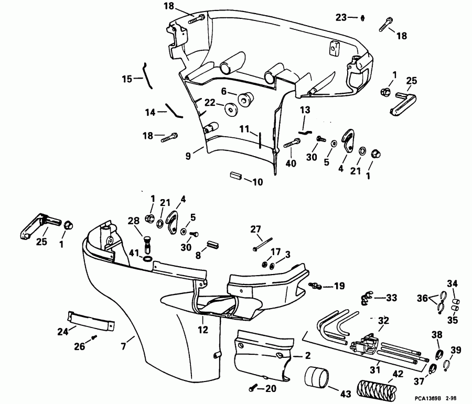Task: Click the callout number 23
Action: [341, 17]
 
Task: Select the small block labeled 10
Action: [235, 176]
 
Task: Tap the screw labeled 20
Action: [254, 388]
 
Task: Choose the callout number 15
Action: [127, 79]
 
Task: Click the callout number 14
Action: [151, 112]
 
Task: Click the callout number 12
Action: [203, 330]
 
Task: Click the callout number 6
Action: [224, 91]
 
